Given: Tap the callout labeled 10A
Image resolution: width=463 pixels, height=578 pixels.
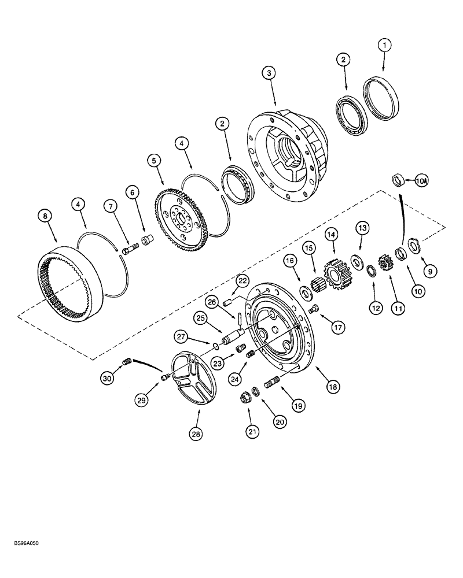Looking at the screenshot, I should pos(422,181).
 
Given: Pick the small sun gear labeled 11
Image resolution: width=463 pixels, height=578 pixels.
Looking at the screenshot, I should pos(385,264).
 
